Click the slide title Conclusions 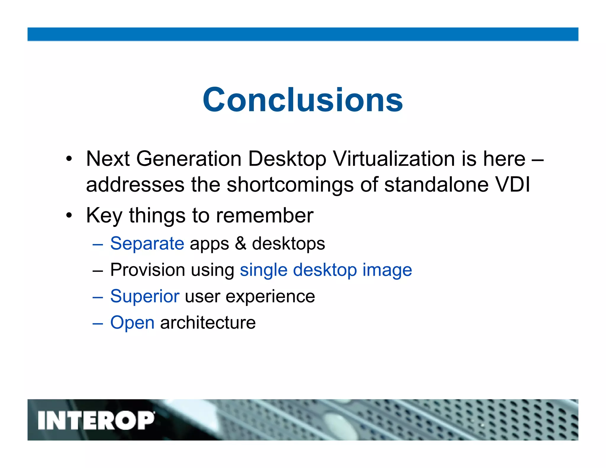click(x=302, y=100)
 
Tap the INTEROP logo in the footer click(x=96, y=420)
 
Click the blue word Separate click(x=147, y=243)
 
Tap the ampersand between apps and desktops click(x=240, y=243)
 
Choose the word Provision click(x=148, y=270)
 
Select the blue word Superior click(x=145, y=296)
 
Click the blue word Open click(x=132, y=322)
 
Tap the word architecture click(x=208, y=322)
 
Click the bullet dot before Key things click(x=69, y=215)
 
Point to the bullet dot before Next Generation click(x=69, y=159)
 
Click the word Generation click(x=189, y=159)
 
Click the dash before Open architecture click(x=98, y=323)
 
